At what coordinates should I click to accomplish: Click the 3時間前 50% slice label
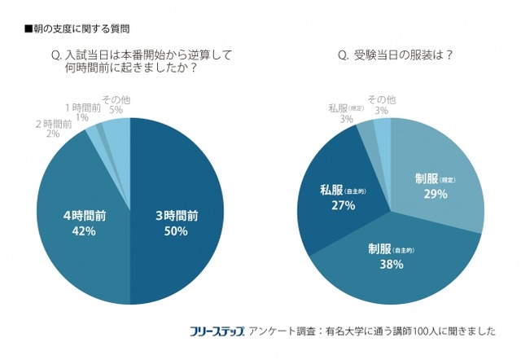[177, 223]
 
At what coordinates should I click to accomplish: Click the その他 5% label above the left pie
[116, 103]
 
